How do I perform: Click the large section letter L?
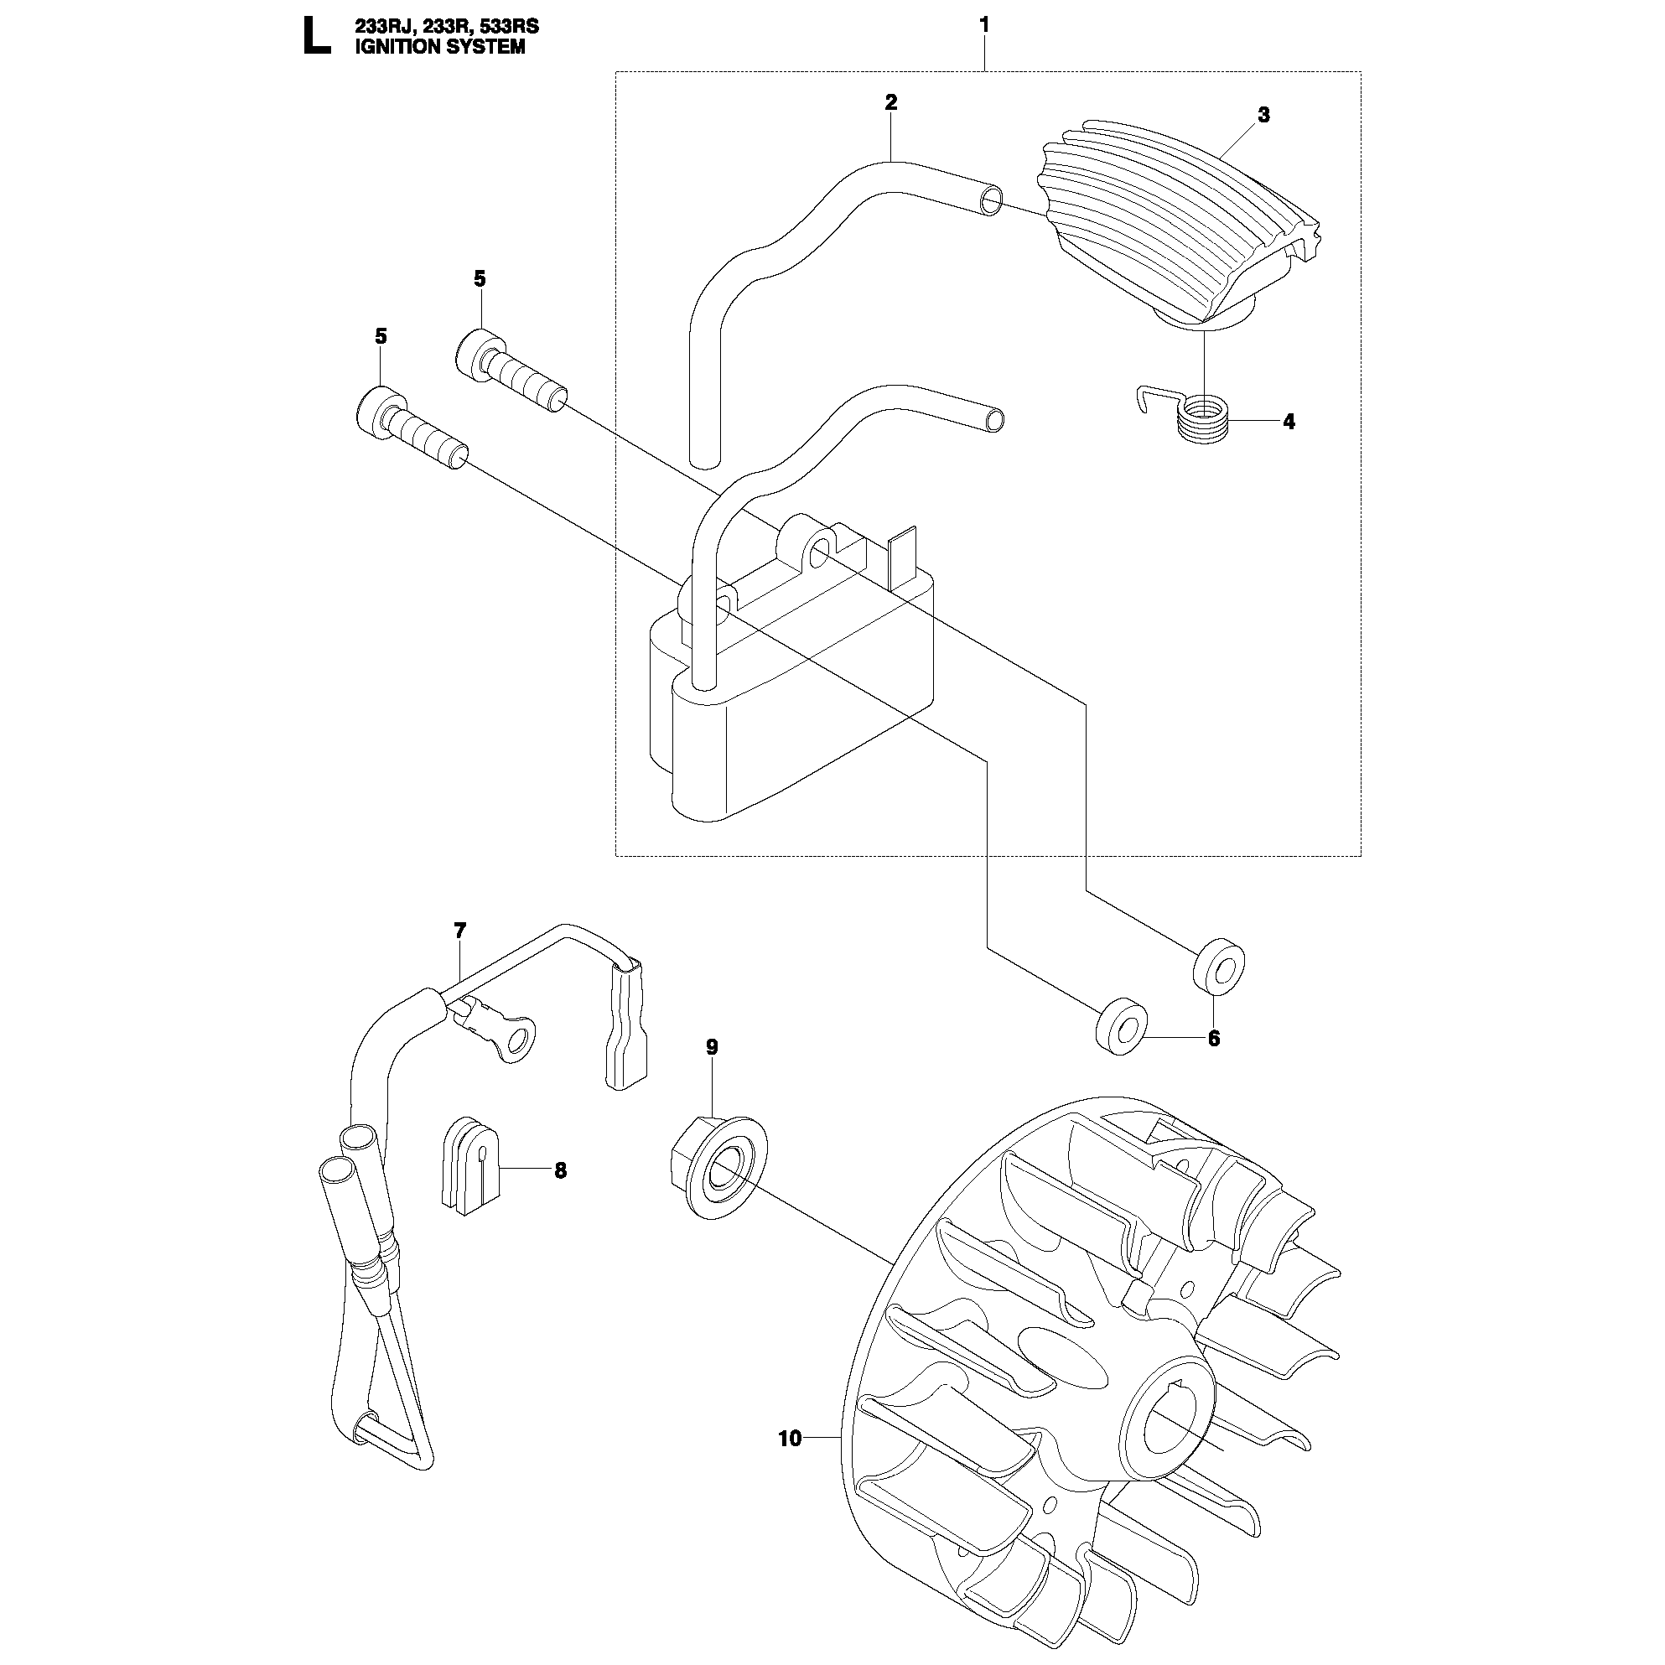pyautogui.click(x=316, y=37)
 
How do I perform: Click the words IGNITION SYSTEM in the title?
pyautogui.click(x=439, y=47)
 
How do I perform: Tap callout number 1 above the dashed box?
pyautogui.click(x=984, y=25)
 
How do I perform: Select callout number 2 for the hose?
pyautogui.click(x=891, y=101)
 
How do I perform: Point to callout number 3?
pyautogui.click(x=1263, y=115)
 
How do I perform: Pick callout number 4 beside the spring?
pyautogui.click(x=1289, y=422)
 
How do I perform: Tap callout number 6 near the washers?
pyautogui.click(x=1214, y=1039)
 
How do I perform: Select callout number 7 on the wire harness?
pyautogui.click(x=460, y=930)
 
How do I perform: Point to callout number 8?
pyautogui.click(x=561, y=1170)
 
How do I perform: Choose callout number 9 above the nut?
pyautogui.click(x=712, y=1047)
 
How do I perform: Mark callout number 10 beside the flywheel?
pyautogui.click(x=790, y=1438)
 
